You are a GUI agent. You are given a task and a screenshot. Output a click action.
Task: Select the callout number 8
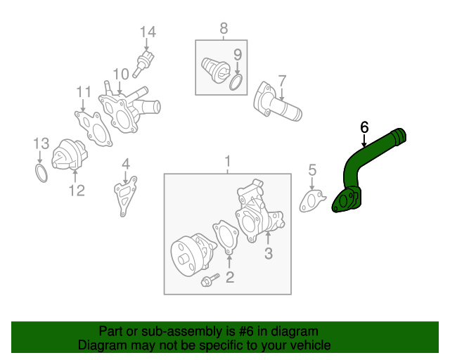coord(224,28)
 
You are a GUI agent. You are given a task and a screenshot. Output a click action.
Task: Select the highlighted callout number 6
coord(364,127)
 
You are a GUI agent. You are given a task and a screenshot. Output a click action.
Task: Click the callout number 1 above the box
coord(227,163)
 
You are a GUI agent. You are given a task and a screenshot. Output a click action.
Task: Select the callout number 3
coord(268,253)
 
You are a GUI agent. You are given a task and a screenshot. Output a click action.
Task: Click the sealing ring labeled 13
coord(41,172)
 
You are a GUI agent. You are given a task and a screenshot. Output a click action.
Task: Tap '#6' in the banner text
coord(230,330)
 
